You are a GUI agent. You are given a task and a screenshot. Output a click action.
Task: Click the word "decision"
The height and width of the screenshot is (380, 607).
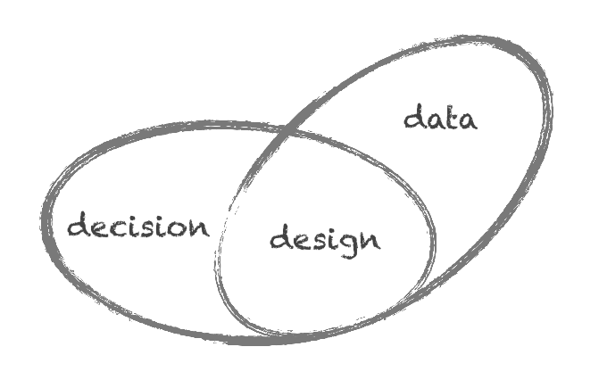[x=138, y=226]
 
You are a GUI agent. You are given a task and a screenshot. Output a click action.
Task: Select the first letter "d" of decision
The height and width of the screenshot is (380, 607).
[x=79, y=226]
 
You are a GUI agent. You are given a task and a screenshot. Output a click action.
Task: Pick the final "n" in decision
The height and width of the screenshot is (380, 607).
[x=198, y=227]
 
